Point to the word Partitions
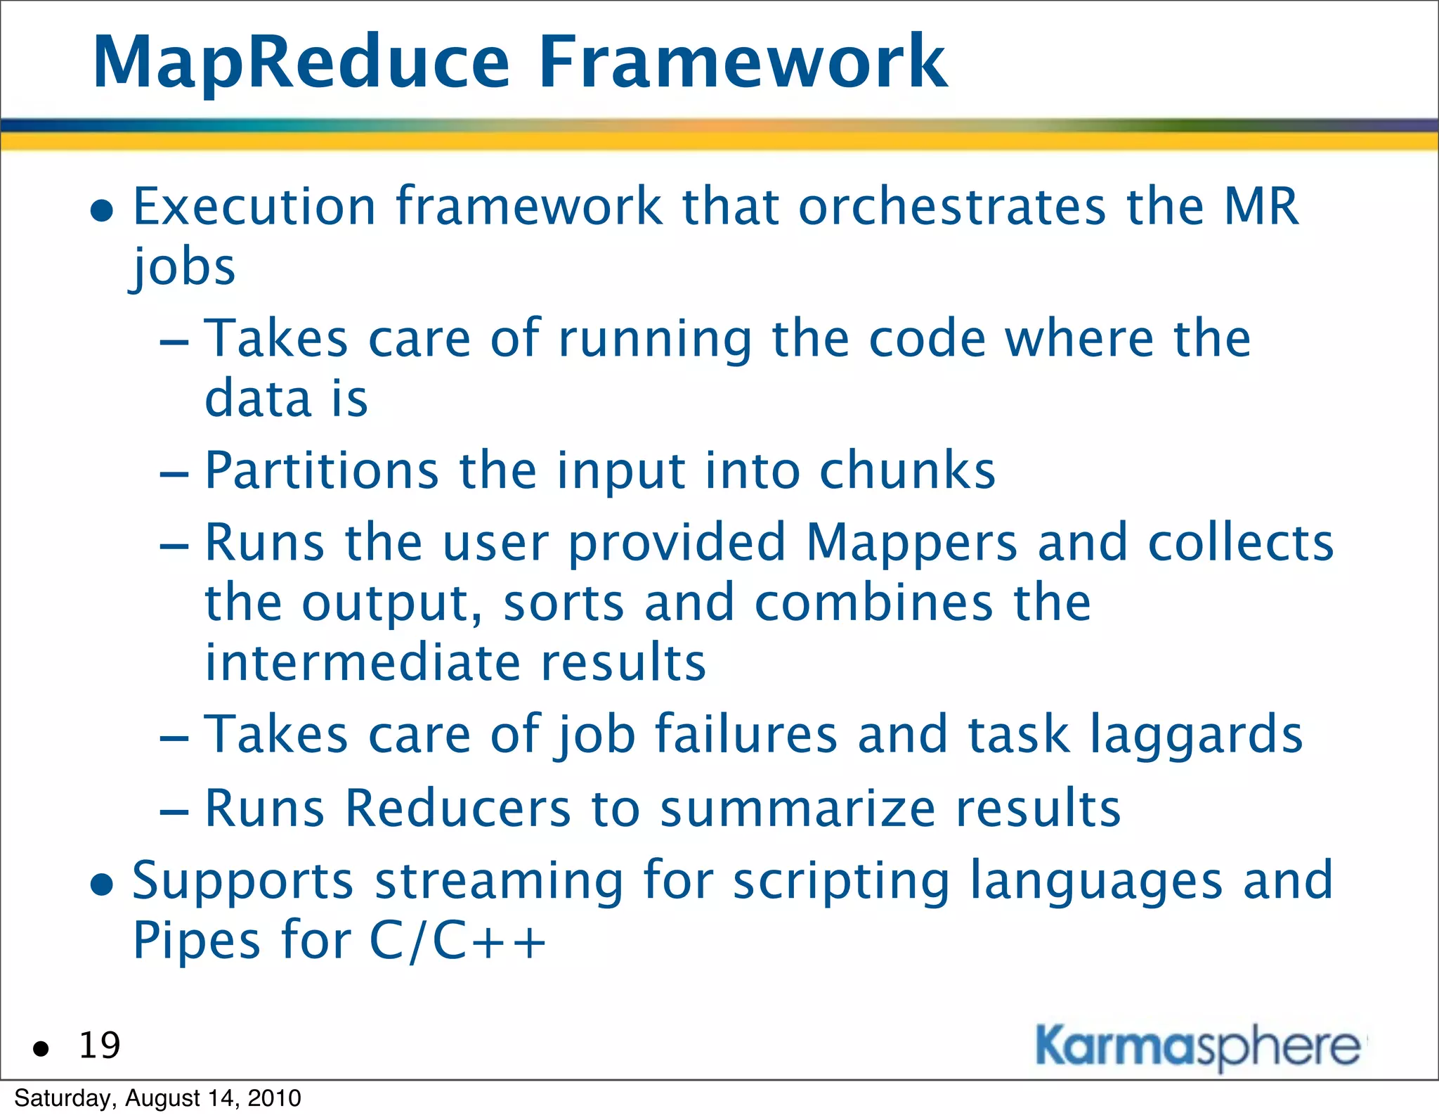(322, 470)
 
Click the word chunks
(907, 470)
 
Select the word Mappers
(911, 543)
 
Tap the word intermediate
(363, 663)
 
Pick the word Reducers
(458, 809)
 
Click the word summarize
(797, 809)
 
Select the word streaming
(499, 881)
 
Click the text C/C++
(457, 941)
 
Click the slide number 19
(99, 1045)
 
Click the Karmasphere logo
(1198, 1048)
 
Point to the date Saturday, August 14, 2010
(157, 1098)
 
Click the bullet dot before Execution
(103, 210)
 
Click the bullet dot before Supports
(103, 884)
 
